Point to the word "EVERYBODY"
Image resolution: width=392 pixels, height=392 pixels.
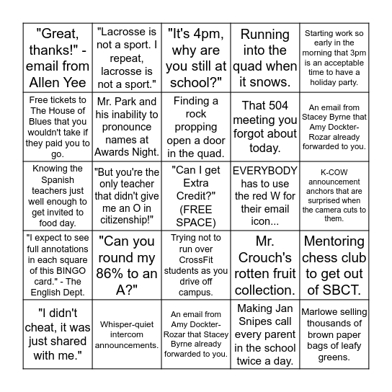[265, 171]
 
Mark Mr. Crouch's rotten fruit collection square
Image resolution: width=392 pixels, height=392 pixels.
[265, 265]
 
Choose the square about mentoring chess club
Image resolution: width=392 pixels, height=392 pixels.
[334, 265]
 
